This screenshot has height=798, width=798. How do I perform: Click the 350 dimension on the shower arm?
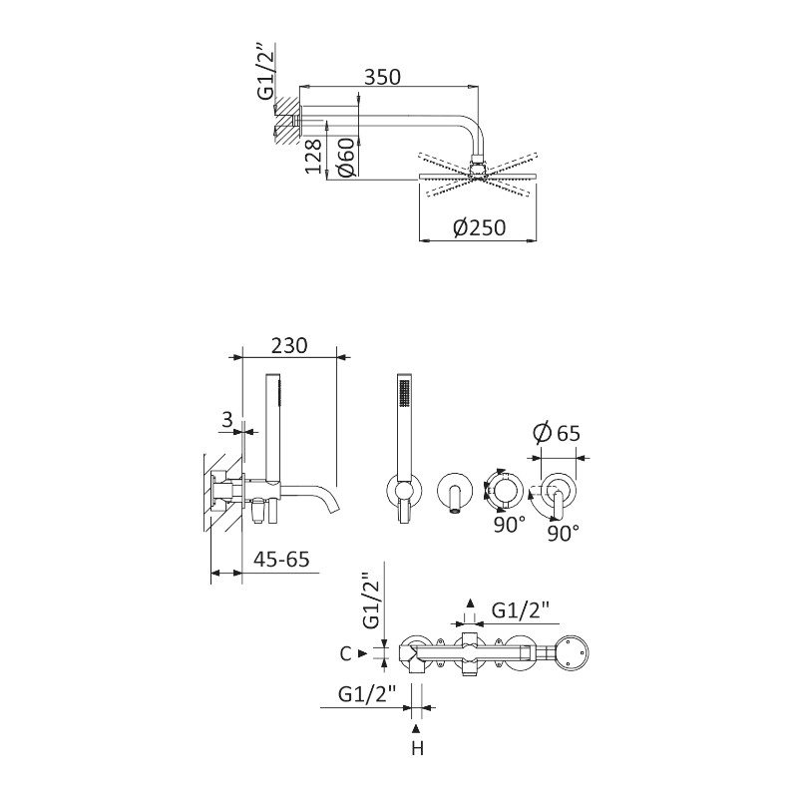click(x=383, y=77)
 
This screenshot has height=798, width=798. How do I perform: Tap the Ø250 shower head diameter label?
click(x=479, y=227)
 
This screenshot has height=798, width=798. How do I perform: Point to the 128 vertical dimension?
click(x=314, y=156)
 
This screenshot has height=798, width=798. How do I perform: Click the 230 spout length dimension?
click(x=289, y=345)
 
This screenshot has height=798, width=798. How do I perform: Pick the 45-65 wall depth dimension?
click(x=281, y=560)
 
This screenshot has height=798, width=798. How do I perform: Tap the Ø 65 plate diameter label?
click(x=557, y=433)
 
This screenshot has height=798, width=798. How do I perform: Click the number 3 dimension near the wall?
click(x=227, y=420)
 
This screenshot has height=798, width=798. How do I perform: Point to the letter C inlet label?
click(x=345, y=653)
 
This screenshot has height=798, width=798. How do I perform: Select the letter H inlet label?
click(x=417, y=749)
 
